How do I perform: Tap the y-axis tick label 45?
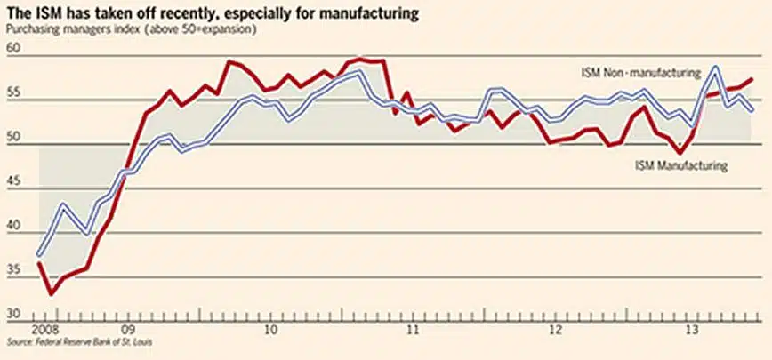pos(12,181)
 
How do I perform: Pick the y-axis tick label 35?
pos(12,268)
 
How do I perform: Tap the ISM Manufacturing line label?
pos(681,164)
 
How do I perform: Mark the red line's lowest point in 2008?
pos(52,293)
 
